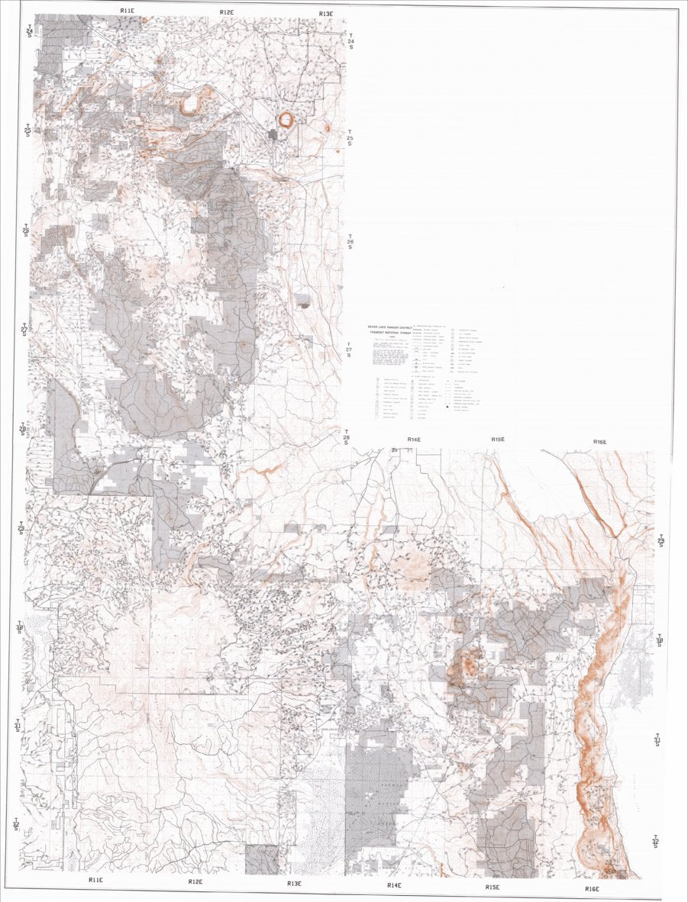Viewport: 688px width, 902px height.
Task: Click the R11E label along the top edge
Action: (x=128, y=11)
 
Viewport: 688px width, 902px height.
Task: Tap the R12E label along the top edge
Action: (x=227, y=12)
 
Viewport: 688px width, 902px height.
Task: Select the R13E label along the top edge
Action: (x=326, y=14)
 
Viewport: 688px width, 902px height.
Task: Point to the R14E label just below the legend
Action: (x=415, y=440)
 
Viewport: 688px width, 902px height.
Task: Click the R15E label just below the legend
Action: (x=498, y=440)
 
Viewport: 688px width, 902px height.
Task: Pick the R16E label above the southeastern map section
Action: (x=599, y=442)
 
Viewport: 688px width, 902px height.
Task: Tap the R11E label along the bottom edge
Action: (x=95, y=880)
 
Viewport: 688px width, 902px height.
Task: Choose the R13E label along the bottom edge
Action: (x=295, y=883)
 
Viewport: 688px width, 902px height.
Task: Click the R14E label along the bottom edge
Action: (x=394, y=885)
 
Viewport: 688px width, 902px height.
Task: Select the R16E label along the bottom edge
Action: (x=592, y=888)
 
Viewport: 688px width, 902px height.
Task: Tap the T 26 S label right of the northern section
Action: (x=350, y=242)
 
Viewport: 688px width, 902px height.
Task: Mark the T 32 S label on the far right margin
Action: (x=656, y=842)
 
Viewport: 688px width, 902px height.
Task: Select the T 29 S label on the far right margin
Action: (x=661, y=540)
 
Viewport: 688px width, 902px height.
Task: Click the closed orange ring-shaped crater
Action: (x=286, y=120)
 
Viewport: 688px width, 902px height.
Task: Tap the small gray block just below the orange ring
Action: (x=273, y=134)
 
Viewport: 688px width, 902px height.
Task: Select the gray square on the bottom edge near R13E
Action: (x=262, y=859)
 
